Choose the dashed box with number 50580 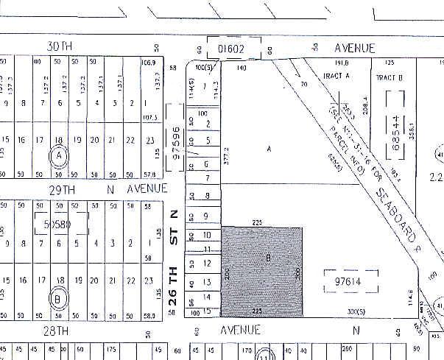click(x=62, y=224)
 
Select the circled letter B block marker click(x=58, y=299)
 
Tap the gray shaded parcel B click(x=262, y=271)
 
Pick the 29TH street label click(x=60, y=189)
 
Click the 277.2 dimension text click(x=228, y=161)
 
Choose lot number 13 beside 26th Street click(x=208, y=282)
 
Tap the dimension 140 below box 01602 click(x=242, y=68)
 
